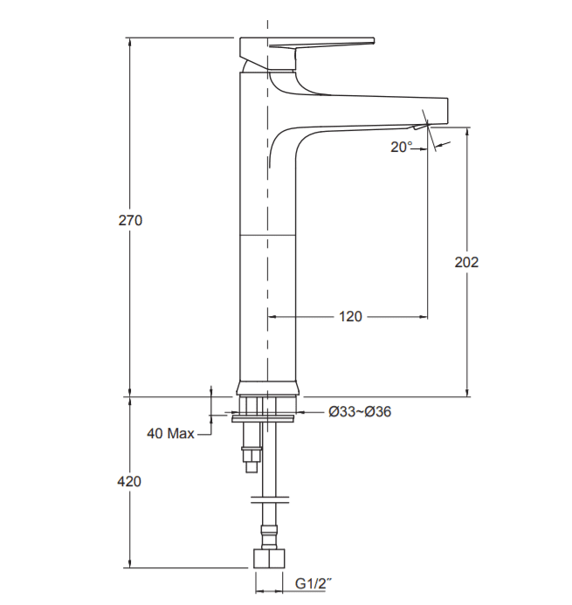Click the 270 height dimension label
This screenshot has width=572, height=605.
click(x=130, y=220)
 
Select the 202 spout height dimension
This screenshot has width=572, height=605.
click(x=466, y=263)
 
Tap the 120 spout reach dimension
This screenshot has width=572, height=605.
click(x=350, y=317)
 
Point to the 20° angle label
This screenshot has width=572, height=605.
click(x=402, y=147)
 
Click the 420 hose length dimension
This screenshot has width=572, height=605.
click(x=129, y=482)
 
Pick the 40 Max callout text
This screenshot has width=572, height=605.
click(x=170, y=433)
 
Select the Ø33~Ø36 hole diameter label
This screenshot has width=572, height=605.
click(x=360, y=412)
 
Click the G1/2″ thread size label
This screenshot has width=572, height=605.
click(x=313, y=584)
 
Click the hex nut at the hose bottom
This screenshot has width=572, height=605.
click(x=269, y=559)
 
